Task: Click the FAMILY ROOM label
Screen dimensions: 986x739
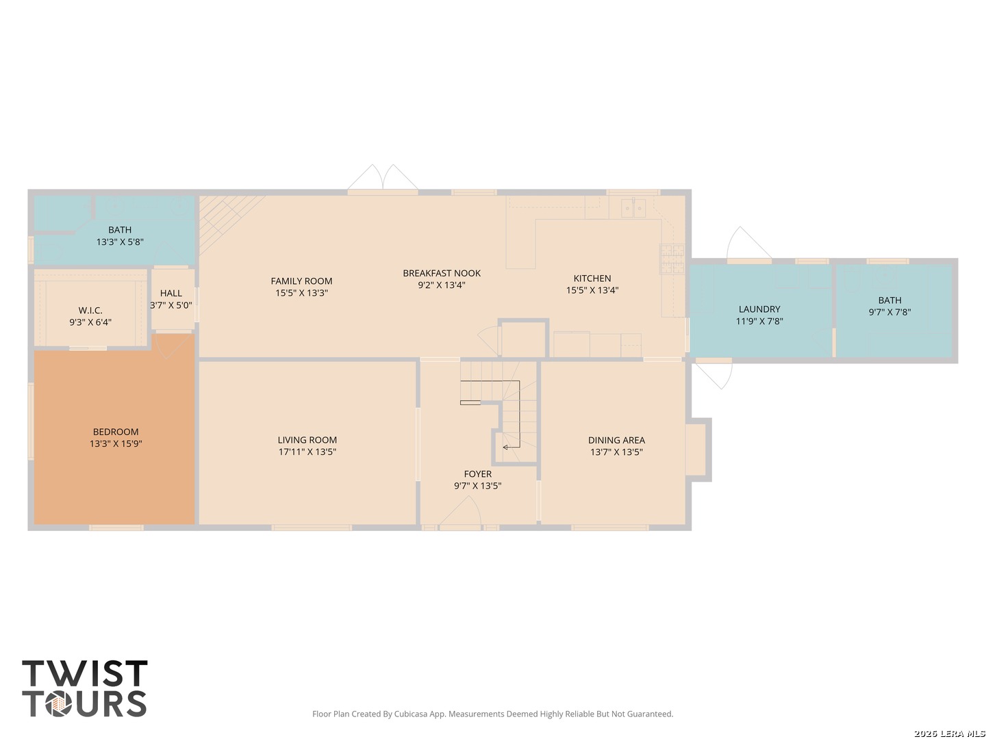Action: click(x=301, y=281)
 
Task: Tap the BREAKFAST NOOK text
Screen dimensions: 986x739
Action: click(x=442, y=273)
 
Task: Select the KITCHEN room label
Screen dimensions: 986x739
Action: click(x=592, y=278)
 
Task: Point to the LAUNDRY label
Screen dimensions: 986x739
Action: click(x=759, y=309)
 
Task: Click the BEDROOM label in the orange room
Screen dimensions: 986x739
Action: click(x=116, y=432)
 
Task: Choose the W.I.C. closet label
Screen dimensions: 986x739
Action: click(x=90, y=311)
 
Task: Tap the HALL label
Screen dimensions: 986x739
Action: click(x=171, y=294)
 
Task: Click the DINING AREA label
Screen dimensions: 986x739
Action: click(x=616, y=441)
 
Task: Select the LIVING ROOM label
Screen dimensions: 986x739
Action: click(x=307, y=440)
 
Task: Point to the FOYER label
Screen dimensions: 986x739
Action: click(x=477, y=474)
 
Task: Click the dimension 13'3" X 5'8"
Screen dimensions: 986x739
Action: click(x=120, y=242)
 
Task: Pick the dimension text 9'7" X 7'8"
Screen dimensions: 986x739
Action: click(x=889, y=312)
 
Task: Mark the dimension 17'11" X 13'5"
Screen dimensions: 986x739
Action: click(x=307, y=452)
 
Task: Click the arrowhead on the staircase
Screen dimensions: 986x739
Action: click(x=505, y=448)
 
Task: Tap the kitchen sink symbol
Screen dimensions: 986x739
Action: click(x=633, y=208)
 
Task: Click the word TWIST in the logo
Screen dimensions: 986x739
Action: click(x=85, y=673)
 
